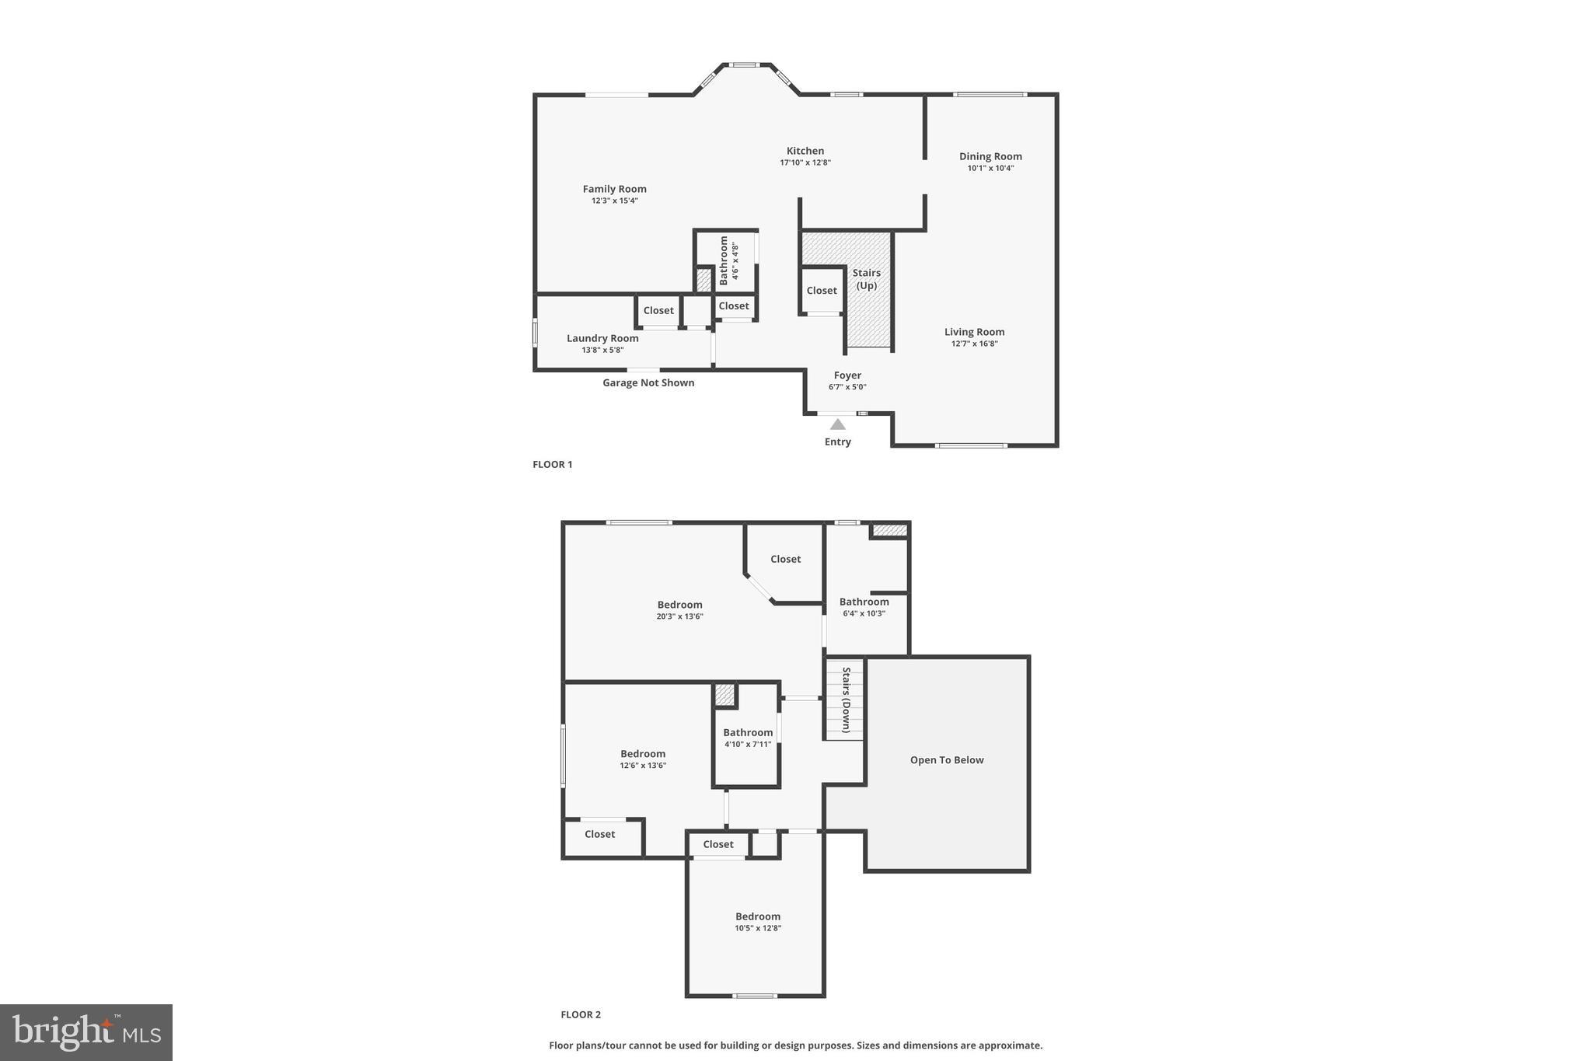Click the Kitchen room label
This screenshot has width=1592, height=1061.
click(x=805, y=151)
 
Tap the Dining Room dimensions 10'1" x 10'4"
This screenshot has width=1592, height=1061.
click(x=990, y=168)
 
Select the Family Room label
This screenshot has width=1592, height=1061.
click(x=614, y=189)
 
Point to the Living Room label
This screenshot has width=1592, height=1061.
click(x=974, y=332)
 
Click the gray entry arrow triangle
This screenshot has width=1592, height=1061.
click(x=837, y=424)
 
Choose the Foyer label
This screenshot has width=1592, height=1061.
click(x=847, y=375)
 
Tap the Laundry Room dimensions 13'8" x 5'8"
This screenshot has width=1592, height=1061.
click(x=602, y=350)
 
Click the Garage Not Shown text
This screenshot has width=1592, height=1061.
click(x=648, y=382)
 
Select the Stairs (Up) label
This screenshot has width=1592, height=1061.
click(x=866, y=279)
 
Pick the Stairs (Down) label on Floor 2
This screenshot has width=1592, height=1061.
click(x=846, y=700)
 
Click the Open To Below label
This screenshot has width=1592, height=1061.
click(x=947, y=760)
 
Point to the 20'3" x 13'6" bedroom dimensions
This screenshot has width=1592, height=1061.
click(x=679, y=616)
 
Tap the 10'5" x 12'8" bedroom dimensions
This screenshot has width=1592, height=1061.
click(x=758, y=928)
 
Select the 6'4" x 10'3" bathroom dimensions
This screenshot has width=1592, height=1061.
click(x=864, y=613)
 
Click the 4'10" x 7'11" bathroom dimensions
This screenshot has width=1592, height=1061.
click(x=748, y=744)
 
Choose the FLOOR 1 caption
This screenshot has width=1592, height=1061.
click(x=552, y=465)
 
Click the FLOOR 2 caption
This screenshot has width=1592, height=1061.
click(x=581, y=1014)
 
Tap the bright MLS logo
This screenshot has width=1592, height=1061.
click(x=86, y=1032)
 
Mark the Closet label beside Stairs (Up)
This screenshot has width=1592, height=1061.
click(x=822, y=291)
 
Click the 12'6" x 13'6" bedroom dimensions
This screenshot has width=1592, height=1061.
click(x=643, y=766)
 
